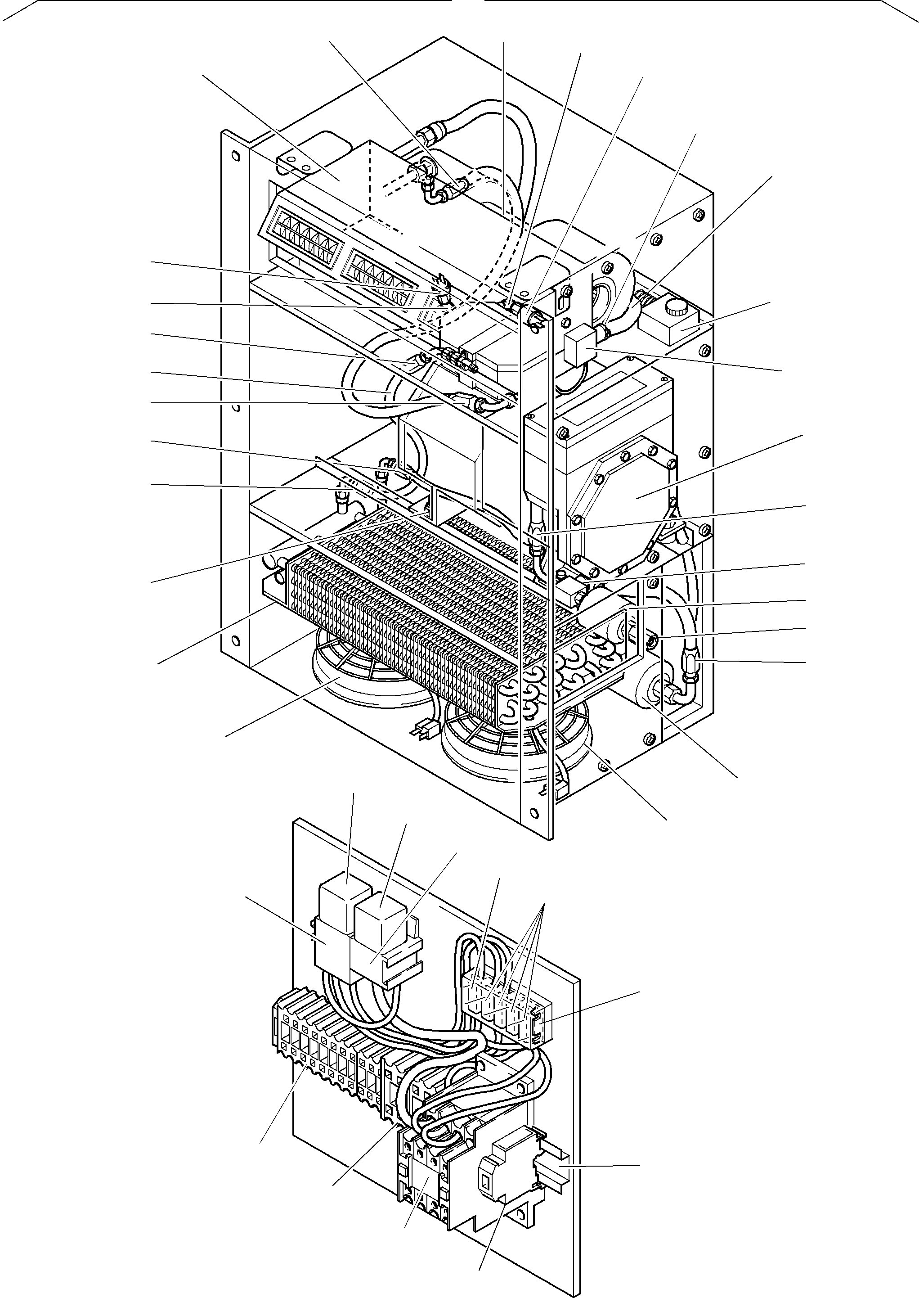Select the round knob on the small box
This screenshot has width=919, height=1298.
675,309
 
